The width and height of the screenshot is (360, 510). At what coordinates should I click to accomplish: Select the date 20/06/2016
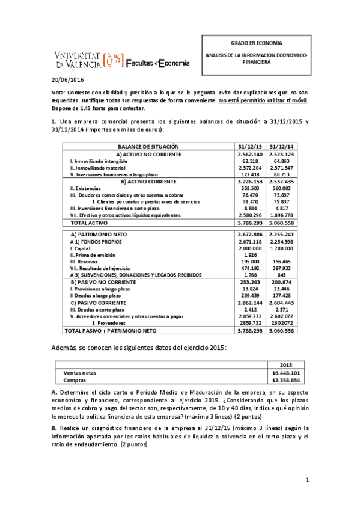(x=66, y=79)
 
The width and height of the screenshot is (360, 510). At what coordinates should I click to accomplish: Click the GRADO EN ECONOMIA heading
(x=256, y=43)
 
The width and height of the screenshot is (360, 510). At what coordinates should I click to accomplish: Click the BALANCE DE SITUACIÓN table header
(x=139, y=146)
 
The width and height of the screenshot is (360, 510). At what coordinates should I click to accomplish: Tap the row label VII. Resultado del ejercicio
(x=99, y=268)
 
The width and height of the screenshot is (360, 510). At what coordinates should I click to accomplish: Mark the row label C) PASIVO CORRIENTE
(x=100, y=303)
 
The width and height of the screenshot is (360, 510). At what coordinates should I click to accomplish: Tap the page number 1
(x=306, y=479)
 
